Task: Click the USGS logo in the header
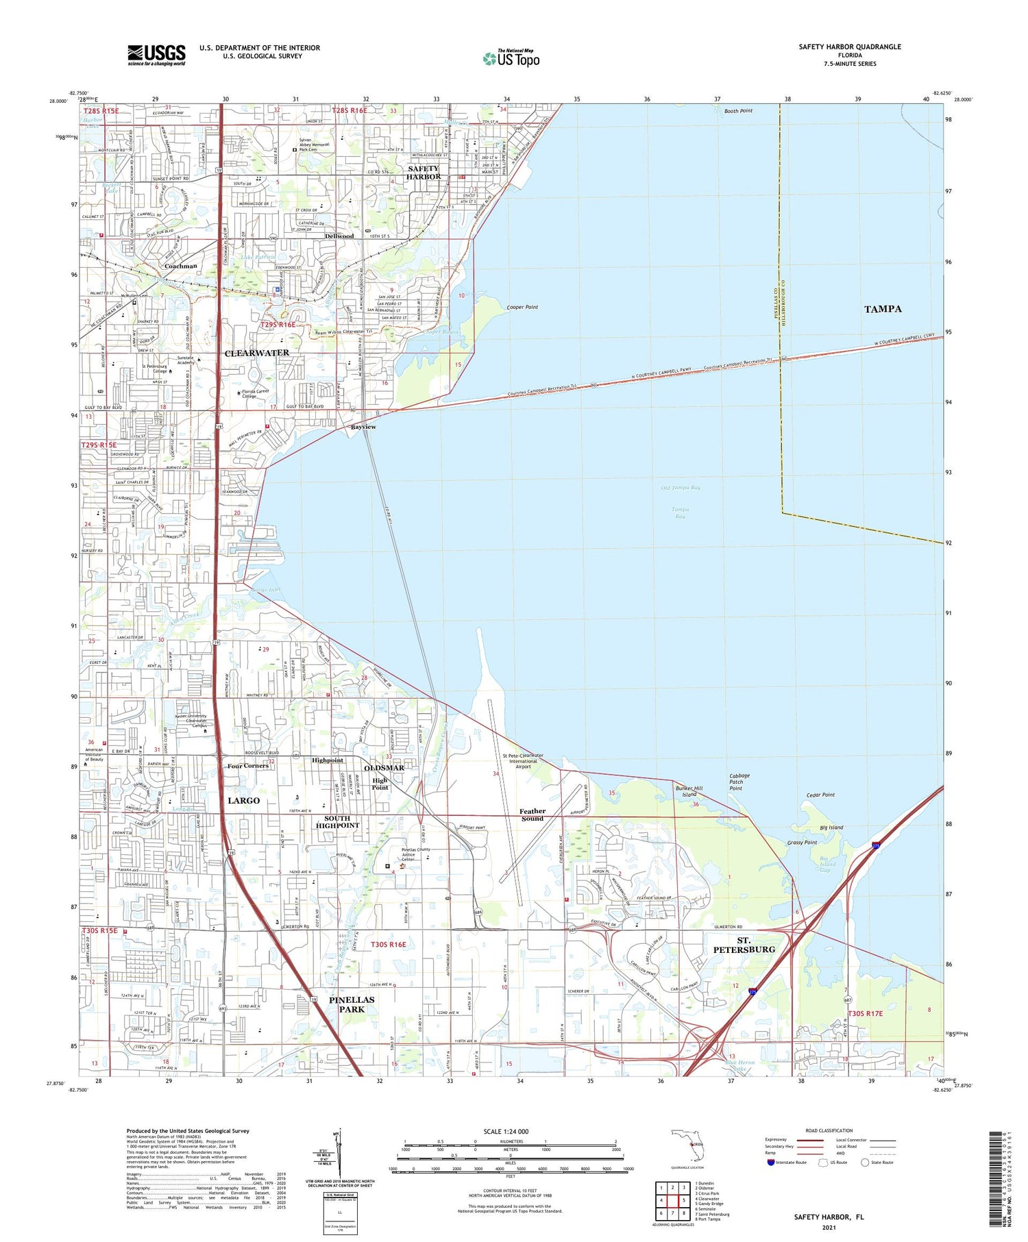156,55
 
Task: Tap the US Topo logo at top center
511,58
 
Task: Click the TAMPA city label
883,309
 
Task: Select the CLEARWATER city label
257,353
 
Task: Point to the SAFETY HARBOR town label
424,173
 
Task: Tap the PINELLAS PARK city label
352,1004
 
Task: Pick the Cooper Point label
522,308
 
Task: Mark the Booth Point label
737,111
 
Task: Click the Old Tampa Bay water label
681,488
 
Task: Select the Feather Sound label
533,815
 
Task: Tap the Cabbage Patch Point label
739,782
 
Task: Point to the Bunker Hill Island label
689,791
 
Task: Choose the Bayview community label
363,427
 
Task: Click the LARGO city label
243,800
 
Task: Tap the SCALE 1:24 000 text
506,1131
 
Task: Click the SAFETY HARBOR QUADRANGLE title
850,47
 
